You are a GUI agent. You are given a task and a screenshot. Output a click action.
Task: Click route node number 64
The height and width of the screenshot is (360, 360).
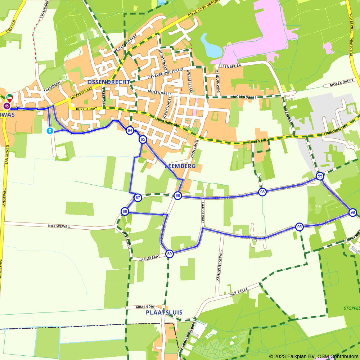(130, 130)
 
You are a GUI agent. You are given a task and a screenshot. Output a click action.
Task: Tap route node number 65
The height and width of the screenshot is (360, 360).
(143, 139)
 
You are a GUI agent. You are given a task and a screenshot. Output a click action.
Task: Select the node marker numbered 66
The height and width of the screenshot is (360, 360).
(177, 195)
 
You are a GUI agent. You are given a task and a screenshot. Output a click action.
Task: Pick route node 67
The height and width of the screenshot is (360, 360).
(138, 197)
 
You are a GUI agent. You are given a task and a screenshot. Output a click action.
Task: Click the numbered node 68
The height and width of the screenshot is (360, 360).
(125, 211)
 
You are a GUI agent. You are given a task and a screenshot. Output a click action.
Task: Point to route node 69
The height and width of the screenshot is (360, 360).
(170, 254)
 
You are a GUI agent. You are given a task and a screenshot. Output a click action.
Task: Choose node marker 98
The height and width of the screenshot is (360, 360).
(262, 192)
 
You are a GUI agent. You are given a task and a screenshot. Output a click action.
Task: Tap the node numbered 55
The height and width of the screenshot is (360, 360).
(320, 176)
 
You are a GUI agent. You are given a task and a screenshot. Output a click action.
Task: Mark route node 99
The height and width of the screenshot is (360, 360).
(352, 212)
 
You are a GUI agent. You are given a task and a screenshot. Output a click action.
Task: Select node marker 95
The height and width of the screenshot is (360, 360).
(299, 227)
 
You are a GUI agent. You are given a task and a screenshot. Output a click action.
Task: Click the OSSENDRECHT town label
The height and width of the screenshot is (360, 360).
(108, 82)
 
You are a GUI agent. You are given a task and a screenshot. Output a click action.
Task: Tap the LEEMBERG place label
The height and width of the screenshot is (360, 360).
(180, 166)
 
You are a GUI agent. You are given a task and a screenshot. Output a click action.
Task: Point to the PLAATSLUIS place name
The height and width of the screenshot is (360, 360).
(164, 312)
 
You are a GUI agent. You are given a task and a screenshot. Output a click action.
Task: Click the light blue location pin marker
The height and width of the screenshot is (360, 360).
(50, 131)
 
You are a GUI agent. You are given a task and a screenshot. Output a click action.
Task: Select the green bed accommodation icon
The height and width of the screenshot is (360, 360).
(10, 98)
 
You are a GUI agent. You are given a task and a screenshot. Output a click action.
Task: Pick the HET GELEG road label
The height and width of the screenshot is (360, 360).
(239, 293)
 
